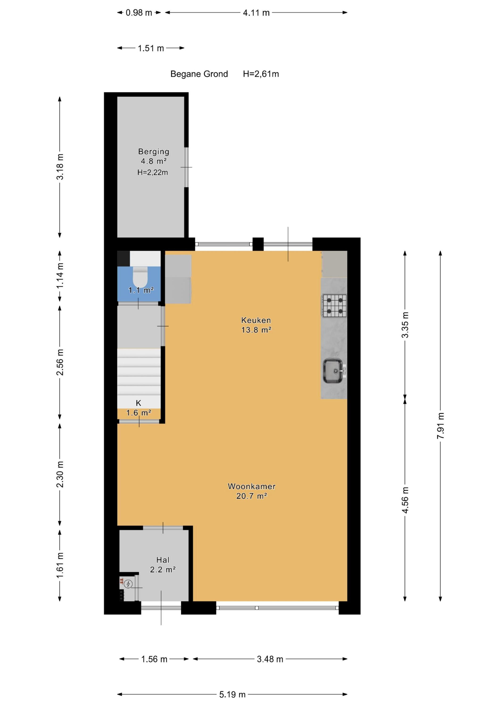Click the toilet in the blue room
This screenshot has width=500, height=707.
tap(140, 276)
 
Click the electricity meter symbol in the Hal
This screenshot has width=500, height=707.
tap(128, 584)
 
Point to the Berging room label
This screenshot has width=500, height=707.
tap(154, 152)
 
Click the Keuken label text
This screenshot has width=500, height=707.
tap(256, 320)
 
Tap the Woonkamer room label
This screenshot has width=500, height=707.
tap(252, 486)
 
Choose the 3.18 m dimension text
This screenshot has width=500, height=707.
tap(60, 167)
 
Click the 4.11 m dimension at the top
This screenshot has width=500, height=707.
tap(256, 13)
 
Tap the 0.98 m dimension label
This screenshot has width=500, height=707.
tap(139, 13)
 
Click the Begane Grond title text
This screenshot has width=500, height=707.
tap(199, 74)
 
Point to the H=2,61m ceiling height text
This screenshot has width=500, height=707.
tap(261, 74)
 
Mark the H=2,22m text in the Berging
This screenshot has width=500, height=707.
tap(153, 173)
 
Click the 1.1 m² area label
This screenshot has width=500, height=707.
tap(141, 290)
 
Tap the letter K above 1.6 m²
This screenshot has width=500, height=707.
tap(139, 403)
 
